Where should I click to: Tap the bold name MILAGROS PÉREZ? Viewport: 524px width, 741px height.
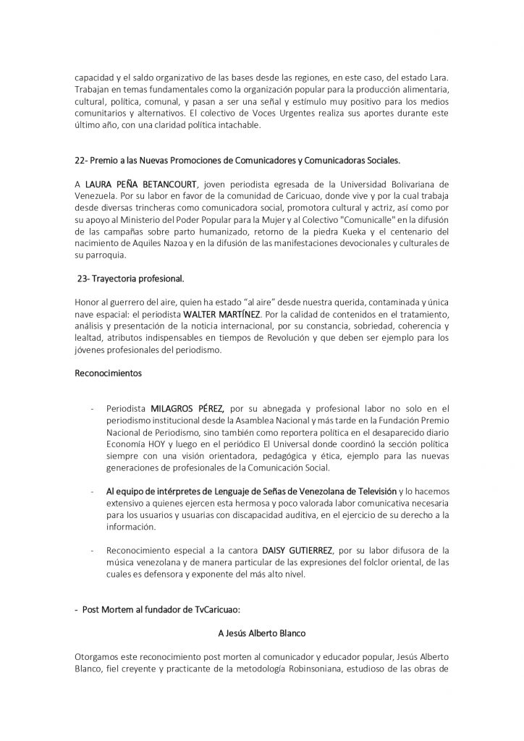pos(187,408)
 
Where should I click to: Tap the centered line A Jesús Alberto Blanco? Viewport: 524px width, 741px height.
pos(261,632)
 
